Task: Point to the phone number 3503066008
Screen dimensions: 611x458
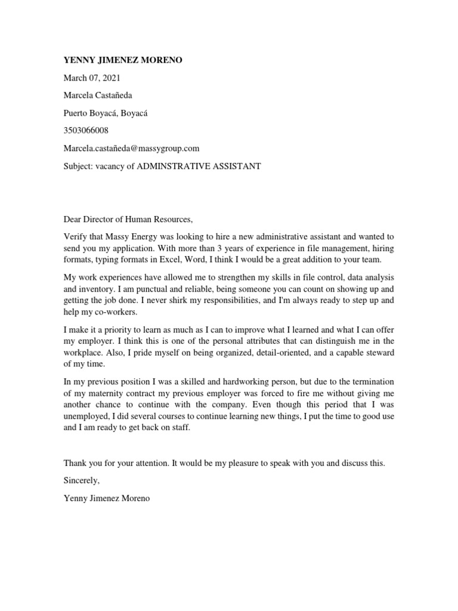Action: click(86, 130)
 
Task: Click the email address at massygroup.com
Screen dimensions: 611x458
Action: click(131, 148)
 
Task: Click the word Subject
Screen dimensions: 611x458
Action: click(78, 165)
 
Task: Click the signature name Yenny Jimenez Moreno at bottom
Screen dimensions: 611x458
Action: click(107, 498)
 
